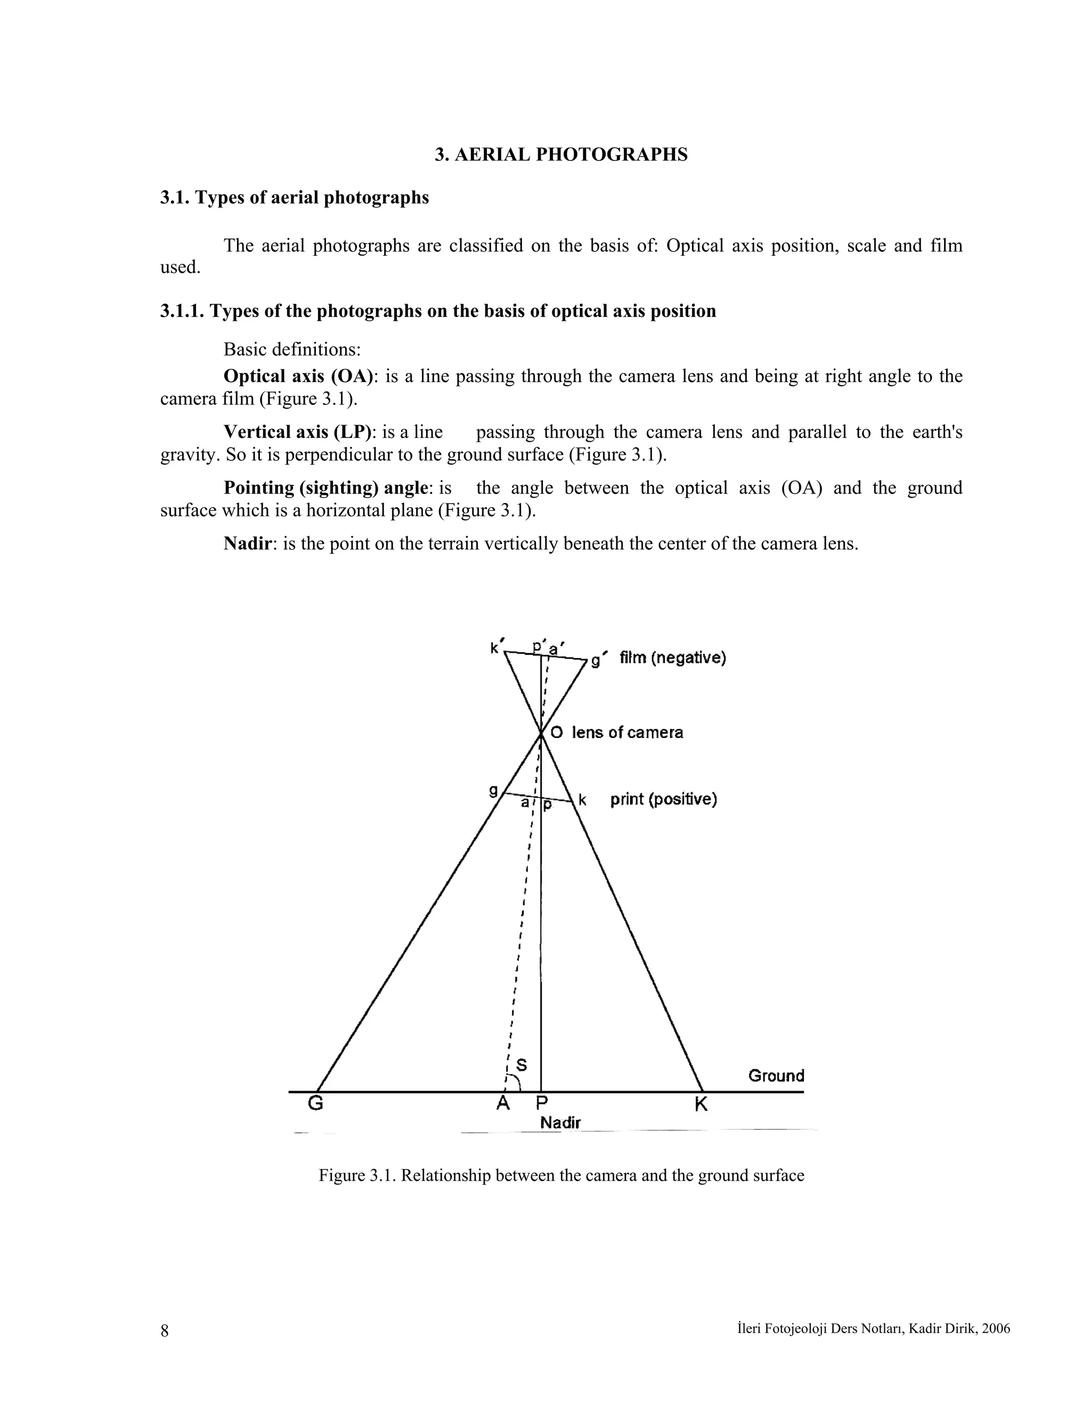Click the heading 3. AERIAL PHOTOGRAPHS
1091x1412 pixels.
click(561, 155)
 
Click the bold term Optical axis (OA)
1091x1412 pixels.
click(299, 376)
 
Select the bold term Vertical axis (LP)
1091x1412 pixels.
click(298, 432)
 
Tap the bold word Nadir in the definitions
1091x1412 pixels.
click(247, 543)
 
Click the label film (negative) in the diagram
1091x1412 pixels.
click(673, 658)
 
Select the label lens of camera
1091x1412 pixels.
click(627, 733)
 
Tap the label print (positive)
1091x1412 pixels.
click(664, 800)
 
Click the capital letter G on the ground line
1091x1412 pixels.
click(315, 1103)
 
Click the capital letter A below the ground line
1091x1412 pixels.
click(503, 1103)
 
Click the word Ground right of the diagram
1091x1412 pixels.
click(776, 1076)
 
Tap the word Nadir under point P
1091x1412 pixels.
click(560, 1123)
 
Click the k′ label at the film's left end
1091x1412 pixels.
click(496, 647)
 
